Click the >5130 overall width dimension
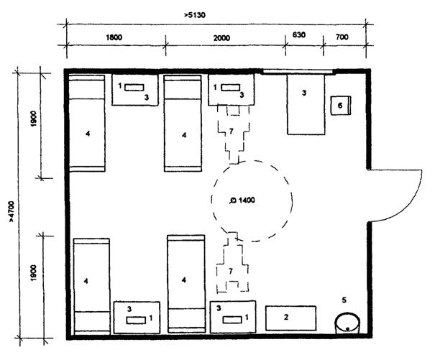pos(195,14)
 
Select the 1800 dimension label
pos(114,37)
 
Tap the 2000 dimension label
pos(221,37)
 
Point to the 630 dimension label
pos(299,35)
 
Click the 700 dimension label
pos(342,37)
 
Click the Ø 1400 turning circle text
pos(242,200)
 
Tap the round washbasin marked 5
pos(347,323)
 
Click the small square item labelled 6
pos(341,106)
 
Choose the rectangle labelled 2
pos(290,318)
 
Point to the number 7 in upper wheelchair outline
pos(232,131)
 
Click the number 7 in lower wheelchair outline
pos(231,271)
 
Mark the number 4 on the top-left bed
pos(88,134)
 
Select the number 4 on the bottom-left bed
pos(86,281)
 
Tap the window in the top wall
pos(298,72)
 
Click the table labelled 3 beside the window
pos(306,105)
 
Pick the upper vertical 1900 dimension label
pos(34,119)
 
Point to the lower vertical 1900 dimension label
pos(34,273)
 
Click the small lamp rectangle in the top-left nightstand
pos(134,88)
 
